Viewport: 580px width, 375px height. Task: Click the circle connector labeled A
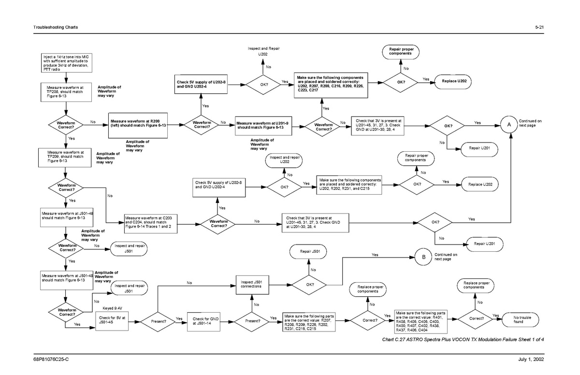point(509,125)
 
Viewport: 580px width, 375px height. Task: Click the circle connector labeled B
point(423,257)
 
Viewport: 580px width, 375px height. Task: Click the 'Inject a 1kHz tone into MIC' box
point(65,63)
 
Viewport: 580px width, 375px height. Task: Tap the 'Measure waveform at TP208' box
point(65,92)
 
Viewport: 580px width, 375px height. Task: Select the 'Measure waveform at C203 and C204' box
point(145,223)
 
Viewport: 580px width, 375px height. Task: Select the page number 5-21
point(539,27)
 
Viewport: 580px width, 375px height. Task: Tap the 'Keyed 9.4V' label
point(113,308)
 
